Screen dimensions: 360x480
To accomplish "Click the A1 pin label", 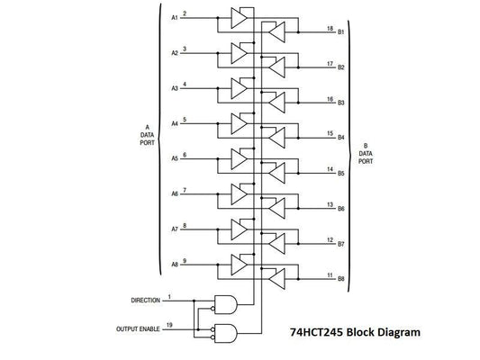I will [174, 18].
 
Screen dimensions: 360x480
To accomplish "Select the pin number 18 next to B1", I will [331, 29].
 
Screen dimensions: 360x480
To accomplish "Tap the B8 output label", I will [341, 279].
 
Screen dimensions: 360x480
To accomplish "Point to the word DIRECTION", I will [146, 300].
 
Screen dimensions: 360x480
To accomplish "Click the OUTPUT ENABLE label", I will [139, 329].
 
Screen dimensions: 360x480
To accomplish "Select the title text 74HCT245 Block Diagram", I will [356, 331].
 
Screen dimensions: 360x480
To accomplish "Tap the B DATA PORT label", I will [366, 156].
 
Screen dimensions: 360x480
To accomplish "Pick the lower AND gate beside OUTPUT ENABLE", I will [222, 333].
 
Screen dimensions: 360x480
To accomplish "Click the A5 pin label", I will [174, 158].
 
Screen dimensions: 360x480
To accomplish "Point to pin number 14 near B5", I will [331, 169].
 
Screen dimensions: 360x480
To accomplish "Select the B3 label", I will [341, 103].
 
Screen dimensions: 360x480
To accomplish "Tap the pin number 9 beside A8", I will [185, 261].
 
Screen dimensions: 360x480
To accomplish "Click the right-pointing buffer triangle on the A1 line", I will [239, 18].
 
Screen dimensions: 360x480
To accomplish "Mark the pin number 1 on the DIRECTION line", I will [169, 296].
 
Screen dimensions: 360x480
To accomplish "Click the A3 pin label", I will [174, 88].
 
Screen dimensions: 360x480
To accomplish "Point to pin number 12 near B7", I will [331, 239].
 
